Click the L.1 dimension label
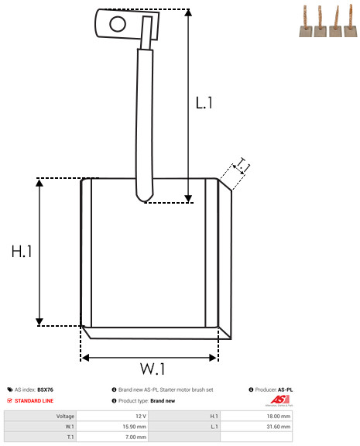point(204,103)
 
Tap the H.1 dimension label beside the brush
point(22,252)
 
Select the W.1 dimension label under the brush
point(153,369)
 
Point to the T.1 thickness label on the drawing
point(242,166)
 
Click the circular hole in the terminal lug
point(118,24)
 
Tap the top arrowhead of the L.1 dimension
point(188,12)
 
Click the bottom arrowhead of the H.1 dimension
point(39,322)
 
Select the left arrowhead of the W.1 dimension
point(85,358)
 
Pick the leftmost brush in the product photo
point(306,22)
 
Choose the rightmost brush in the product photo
point(351,21)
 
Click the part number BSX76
point(45,389)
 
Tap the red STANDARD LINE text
point(34,401)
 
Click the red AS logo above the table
point(279,400)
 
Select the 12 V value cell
point(112,416)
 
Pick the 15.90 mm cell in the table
point(112,427)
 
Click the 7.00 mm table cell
point(112,437)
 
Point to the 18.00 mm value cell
point(256,416)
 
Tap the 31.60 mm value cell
point(256,427)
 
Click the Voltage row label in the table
point(65,417)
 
